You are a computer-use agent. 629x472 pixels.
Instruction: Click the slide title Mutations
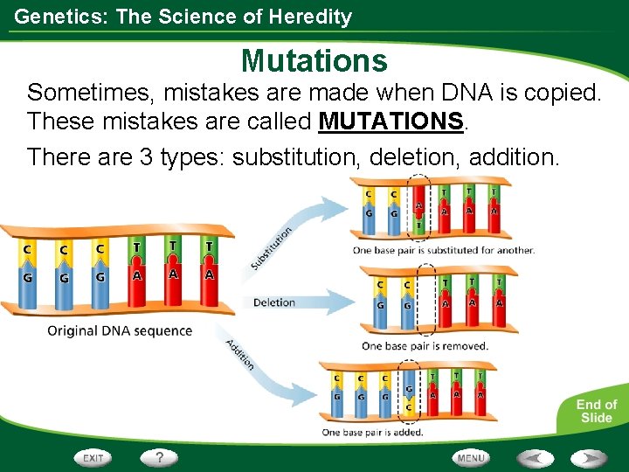[314, 60]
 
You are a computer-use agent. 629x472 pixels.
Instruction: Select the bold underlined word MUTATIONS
[391, 121]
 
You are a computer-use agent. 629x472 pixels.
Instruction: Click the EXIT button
[93, 457]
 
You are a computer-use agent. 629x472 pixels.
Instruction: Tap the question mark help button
[160, 457]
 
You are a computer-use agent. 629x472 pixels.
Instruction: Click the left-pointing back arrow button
[535, 457]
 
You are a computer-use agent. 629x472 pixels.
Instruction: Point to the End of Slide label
[596, 411]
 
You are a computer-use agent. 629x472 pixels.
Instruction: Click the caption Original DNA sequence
[120, 331]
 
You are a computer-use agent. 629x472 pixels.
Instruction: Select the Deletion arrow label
[274, 302]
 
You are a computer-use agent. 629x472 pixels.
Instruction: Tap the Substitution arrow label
[272, 248]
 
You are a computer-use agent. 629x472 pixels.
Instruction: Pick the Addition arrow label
[239, 354]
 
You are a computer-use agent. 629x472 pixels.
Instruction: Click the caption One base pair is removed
[425, 346]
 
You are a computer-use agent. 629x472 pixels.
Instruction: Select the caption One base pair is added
[372, 432]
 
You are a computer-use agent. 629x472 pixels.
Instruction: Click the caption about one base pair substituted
[443, 250]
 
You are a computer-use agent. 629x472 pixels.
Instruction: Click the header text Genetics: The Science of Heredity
[183, 17]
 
